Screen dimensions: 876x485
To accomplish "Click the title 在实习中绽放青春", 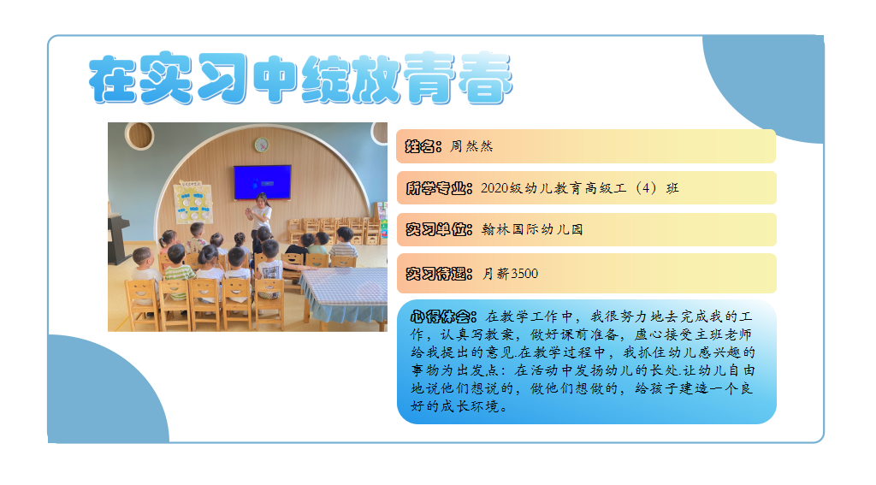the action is click(300, 78).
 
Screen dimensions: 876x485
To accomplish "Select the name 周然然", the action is click(471, 146).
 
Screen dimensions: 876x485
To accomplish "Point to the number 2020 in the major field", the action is click(494, 188).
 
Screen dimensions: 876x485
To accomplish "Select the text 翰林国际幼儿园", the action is click(532, 229).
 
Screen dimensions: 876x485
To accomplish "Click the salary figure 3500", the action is click(524, 274).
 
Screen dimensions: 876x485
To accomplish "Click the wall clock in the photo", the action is click(262, 145).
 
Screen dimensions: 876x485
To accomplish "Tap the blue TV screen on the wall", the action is click(262, 182).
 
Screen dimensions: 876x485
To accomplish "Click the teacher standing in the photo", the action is click(260, 214).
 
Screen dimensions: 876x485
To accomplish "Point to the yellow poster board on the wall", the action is click(192, 202).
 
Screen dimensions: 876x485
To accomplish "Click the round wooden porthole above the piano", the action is click(139, 135).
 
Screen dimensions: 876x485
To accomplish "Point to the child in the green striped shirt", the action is click(178, 269).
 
